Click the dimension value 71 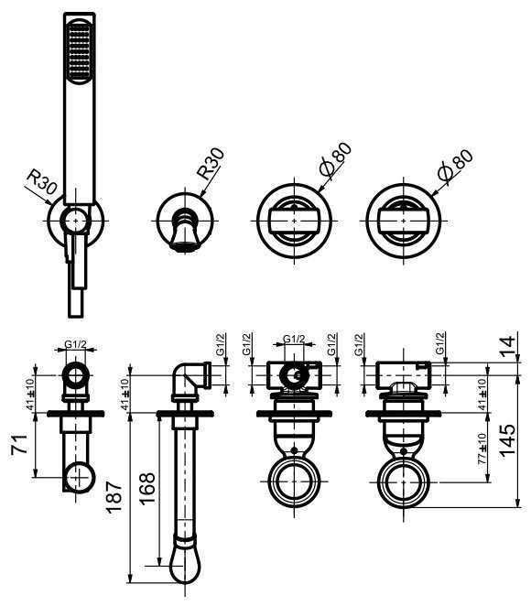(x=19, y=443)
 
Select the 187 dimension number (x=114, y=497)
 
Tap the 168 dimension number (x=147, y=488)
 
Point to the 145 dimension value (x=507, y=440)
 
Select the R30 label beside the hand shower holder (x=42, y=183)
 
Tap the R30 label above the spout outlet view (x=211, y=164)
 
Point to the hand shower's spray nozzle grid (x=80, y=52)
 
